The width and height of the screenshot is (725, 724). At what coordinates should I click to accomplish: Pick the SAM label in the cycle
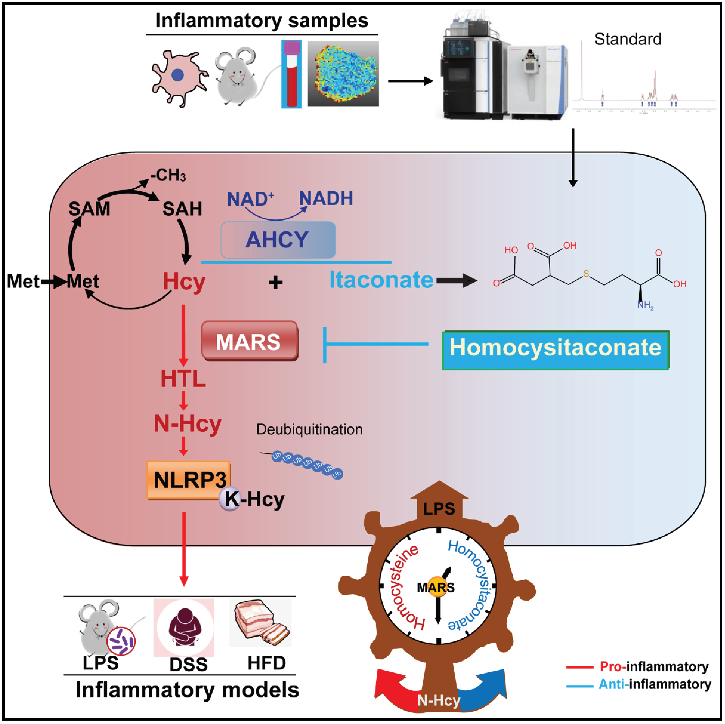pyautogui.click(x=89, y=209)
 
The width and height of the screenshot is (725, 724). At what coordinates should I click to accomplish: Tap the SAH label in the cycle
pyautogui.click(x=182, y=209)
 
